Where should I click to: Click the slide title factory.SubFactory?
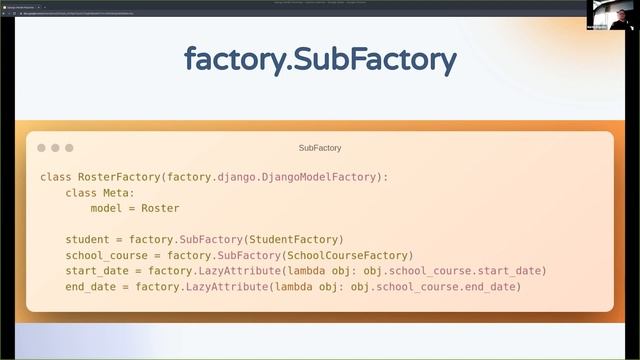(320, 60)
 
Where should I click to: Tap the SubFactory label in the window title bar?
(320, 148)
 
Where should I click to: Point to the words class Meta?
(99, 193)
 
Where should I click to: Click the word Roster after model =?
(160, 208)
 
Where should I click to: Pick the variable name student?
(87, 240)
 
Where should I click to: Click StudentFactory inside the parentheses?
(297, 240)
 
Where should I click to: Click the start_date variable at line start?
(97, 271)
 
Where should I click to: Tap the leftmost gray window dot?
(42, 148)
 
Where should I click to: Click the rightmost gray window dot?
(69, 148)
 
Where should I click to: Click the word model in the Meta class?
(106, 208)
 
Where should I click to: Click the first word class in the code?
(55, 177)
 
